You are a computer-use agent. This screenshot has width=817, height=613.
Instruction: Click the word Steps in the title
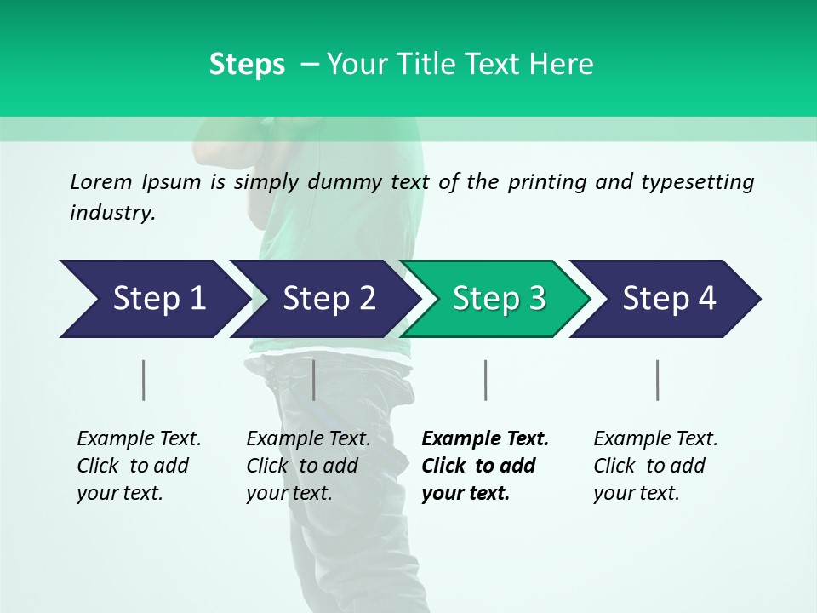pos(247,65)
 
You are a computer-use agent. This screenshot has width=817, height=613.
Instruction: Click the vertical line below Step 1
pos(144,380)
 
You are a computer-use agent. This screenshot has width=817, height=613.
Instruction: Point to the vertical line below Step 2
pos(314,380)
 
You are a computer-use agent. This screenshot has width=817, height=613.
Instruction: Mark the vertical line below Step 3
pos(486,380)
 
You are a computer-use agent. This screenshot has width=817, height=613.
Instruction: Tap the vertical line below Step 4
pos(658,380)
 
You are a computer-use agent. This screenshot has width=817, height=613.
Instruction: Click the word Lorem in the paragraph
pos(101,182)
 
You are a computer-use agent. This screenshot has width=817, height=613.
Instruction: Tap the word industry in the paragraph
pos(112,213)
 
